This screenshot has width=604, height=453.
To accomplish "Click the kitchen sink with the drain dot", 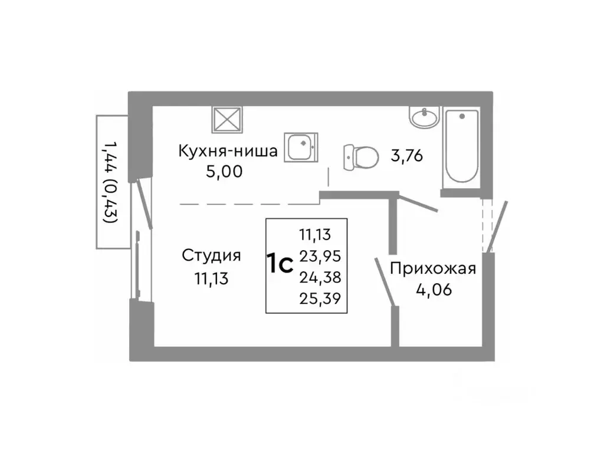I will pyautogui.click(x=301, y=146).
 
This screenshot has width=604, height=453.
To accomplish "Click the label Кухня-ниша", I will pyautogui.click(x=228, y=152).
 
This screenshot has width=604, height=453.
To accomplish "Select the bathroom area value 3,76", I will pyautogui.click(x=406, y=156).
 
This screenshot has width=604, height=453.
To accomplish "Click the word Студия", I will pyautogui.click(x=211, y=255).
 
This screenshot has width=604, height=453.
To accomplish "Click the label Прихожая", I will pyautogui.click(x=432, y=270).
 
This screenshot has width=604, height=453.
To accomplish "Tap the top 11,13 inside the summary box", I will pyautogui.click(x=318, y=235).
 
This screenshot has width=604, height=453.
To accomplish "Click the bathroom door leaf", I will pyautogui.click(x=417, y=203).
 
